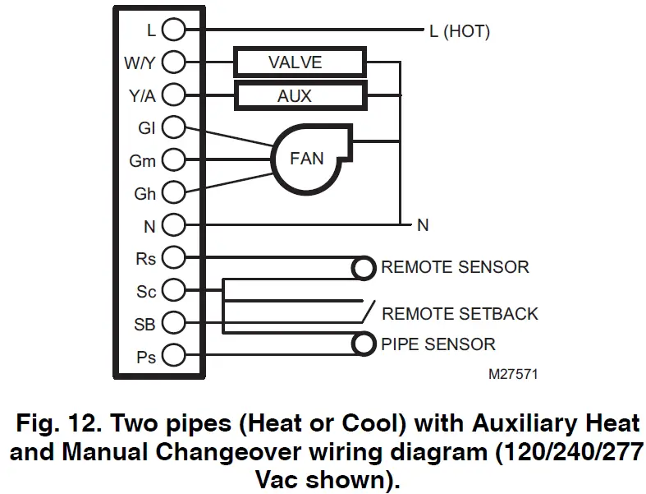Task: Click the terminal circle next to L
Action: pos(173,30)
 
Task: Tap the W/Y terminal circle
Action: pos(173,62)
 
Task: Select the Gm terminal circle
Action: pos(173,160)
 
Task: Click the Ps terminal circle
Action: pos(173,357)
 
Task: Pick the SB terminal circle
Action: pos(173,323)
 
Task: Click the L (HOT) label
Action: pos(459,31)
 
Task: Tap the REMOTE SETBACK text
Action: pos(460,313)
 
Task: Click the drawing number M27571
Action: pos(513,374)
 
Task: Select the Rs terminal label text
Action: pos(145,258)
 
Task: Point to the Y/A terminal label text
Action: pos(141,96)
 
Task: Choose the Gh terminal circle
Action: pos(173,193)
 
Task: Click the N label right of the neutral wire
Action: pos(423,225)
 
